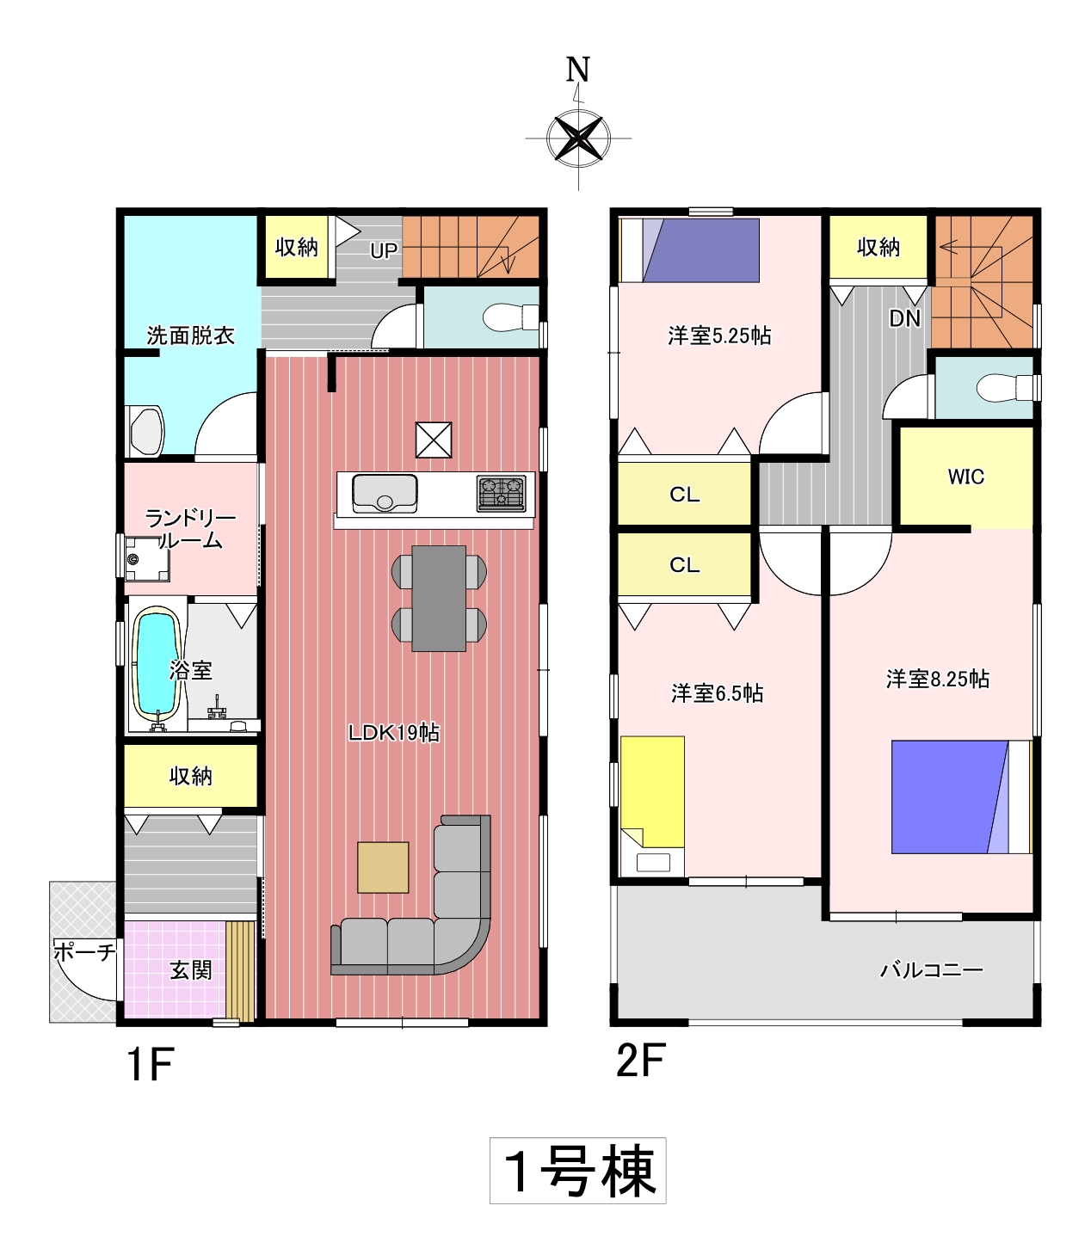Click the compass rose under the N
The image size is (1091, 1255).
pyautogui.click(x=578, y=138)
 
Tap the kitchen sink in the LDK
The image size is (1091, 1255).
pyautogui.click(x=385, y=493)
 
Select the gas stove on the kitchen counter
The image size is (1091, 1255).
pyautogui.click(x=502, y=493)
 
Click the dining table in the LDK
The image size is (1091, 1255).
pyautogui.click(x=439, y=598)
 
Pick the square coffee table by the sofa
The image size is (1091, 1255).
pyautogui.click(x=383, y=867)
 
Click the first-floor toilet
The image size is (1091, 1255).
pyautogui.click(x=510, y=317)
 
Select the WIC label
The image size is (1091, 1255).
pyautogui.click(x=966, y=477)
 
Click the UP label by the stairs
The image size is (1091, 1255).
pyautogui.click(x=384, y=250)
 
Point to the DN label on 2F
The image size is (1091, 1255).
pyautogui.click(x=904, y=317)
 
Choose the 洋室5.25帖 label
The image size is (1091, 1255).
pyautogui.click(x=719, y=335)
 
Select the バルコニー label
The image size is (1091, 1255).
pyautogui.click(x=932, y=969)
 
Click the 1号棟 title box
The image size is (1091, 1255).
pyautogui.click(x=577, y=1170)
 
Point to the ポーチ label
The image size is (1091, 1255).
pyautogui.click(x=84, y=952)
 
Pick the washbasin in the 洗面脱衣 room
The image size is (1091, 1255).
pyautogui.click(x=146, y=431)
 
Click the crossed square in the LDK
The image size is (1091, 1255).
pyautogui.click(x=433, y=440)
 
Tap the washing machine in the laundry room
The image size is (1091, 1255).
pyautogui.click(x=147, y=558)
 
